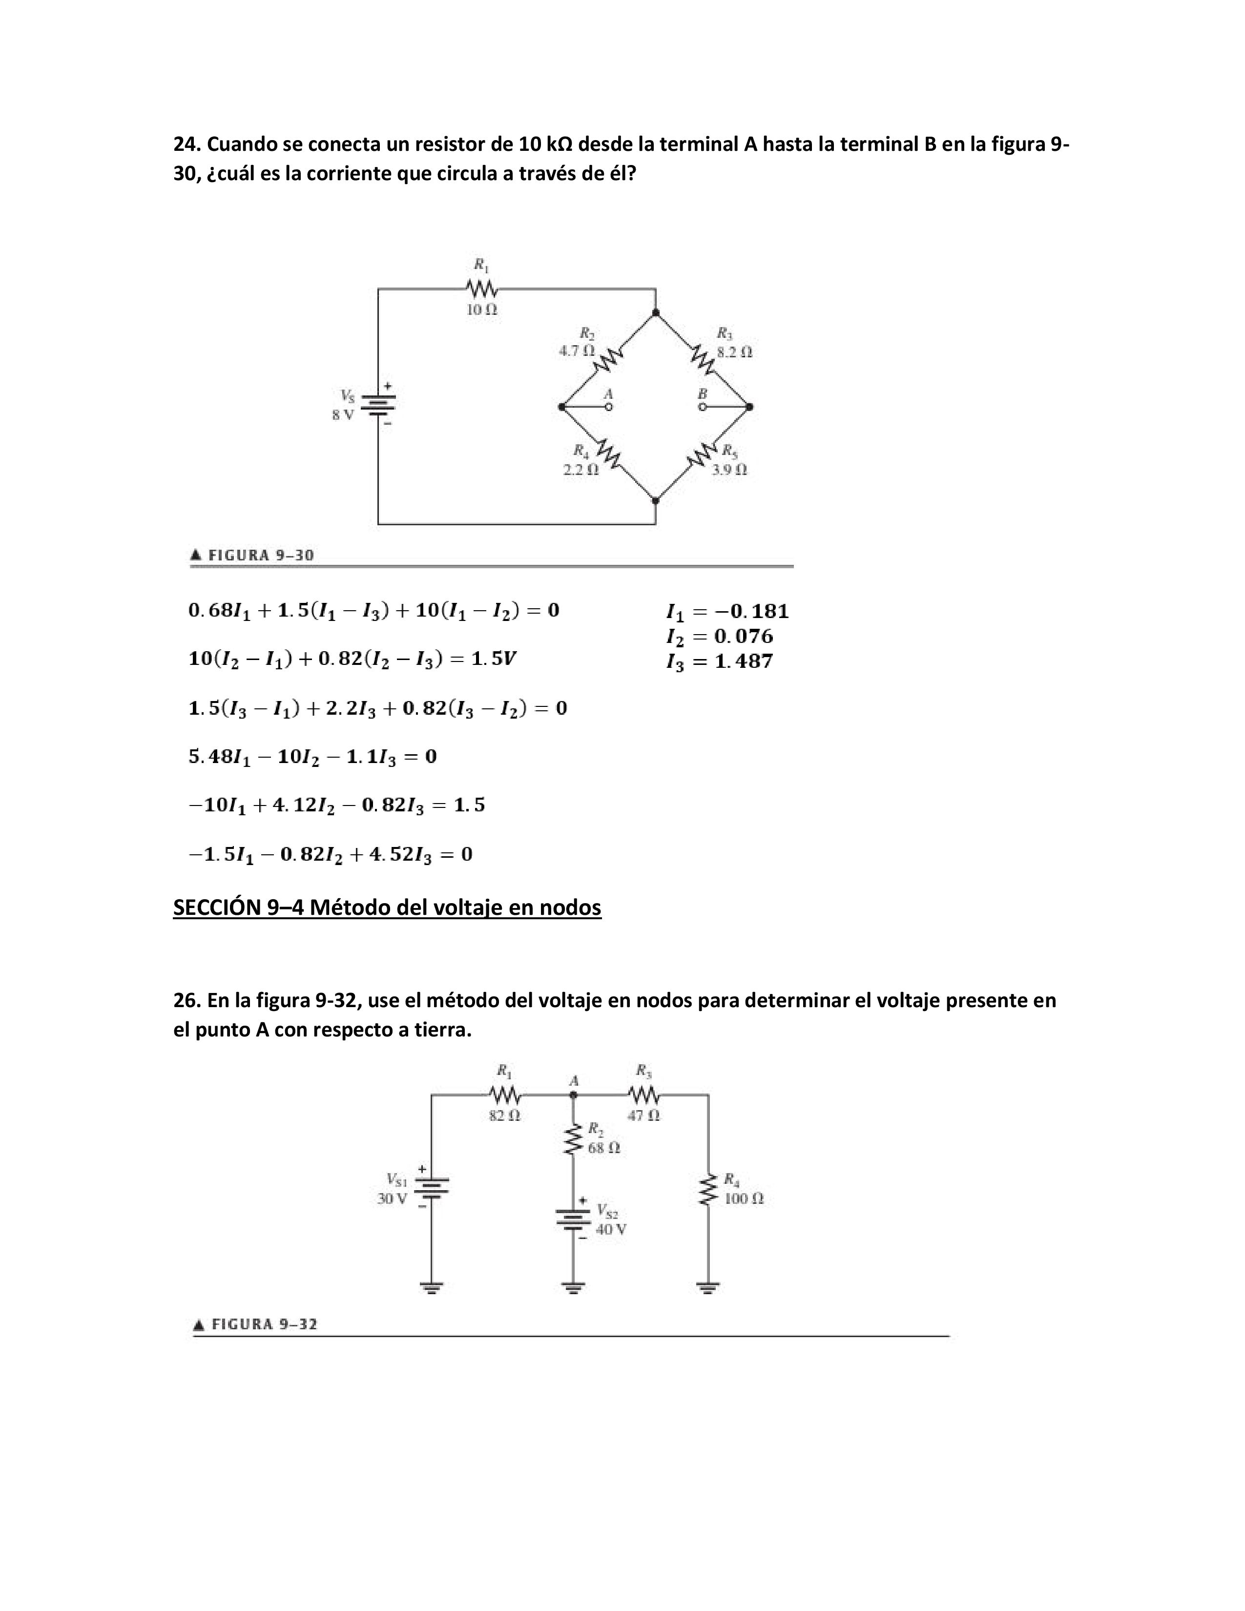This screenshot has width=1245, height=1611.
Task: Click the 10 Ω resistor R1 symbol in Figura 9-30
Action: pyautogui.click(x=481, y=288)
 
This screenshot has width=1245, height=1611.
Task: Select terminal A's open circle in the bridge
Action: pyautogui.click(x=608, y=407)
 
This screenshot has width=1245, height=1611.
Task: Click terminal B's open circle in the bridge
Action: pyautogui.click(x=702, y=407)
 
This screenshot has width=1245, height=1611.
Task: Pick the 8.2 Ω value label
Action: pyautogui.click(x=735, y=352)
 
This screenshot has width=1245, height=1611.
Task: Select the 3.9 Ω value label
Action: pyautogui.click(x=729, y=469)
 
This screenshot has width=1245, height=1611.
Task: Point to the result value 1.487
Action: pyautogui.click(x=744, y=661)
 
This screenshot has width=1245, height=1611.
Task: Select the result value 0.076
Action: pyautogui.click(x=744, y=637)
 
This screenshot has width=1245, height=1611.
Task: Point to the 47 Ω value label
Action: pyautogui.click(x=644, y=1115)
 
